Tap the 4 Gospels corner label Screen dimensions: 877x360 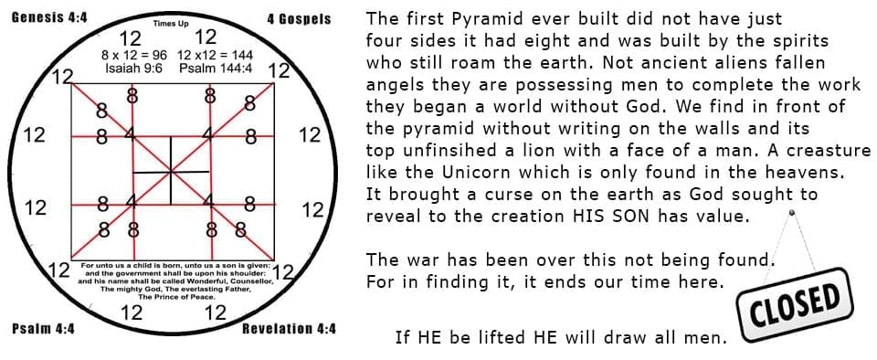(x=300, y=19)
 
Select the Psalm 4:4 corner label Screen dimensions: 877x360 (x=43, y=328)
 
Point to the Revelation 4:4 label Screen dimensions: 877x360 (x=289, y=329)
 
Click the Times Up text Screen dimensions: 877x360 (x=171, y=24)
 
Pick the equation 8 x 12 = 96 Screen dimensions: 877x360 (x=134, y=56)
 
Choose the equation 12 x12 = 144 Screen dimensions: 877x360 (x=215, y=56)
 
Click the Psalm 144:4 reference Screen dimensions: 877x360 (x=213, y=69)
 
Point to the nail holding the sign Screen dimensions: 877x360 (x=791, y=212)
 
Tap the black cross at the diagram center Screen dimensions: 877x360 (x=171, y=171)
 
